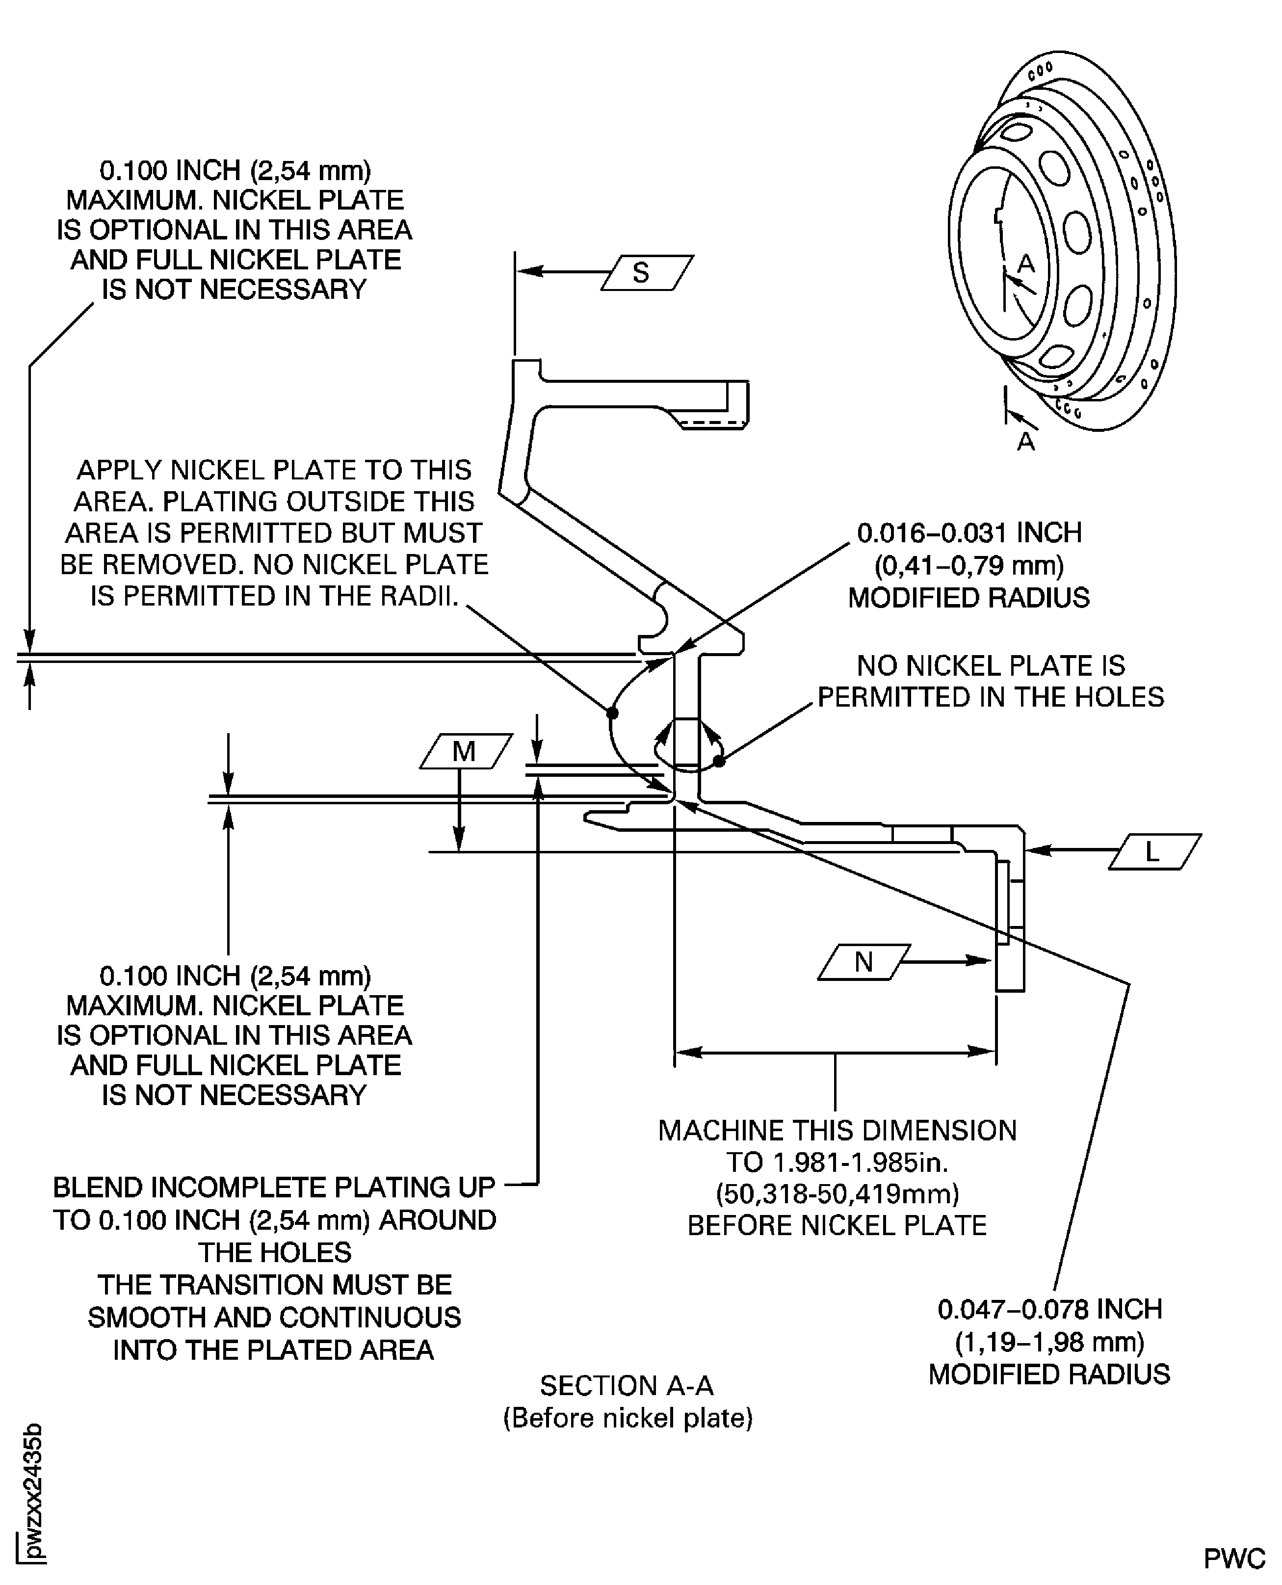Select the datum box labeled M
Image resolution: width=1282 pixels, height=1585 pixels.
point(465,751)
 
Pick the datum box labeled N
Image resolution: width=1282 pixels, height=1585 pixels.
point(863,962)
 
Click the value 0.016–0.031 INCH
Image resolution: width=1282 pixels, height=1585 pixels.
point(969,532)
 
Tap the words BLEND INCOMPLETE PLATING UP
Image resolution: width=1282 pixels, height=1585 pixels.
point(274,1188)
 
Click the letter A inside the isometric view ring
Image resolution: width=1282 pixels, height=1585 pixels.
point(1026,264)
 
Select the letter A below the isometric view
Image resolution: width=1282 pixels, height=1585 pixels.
point(1026,442)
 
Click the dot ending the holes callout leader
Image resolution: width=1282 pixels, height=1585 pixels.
point(719,760)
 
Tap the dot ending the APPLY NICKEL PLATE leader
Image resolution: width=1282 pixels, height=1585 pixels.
point(612,713)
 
